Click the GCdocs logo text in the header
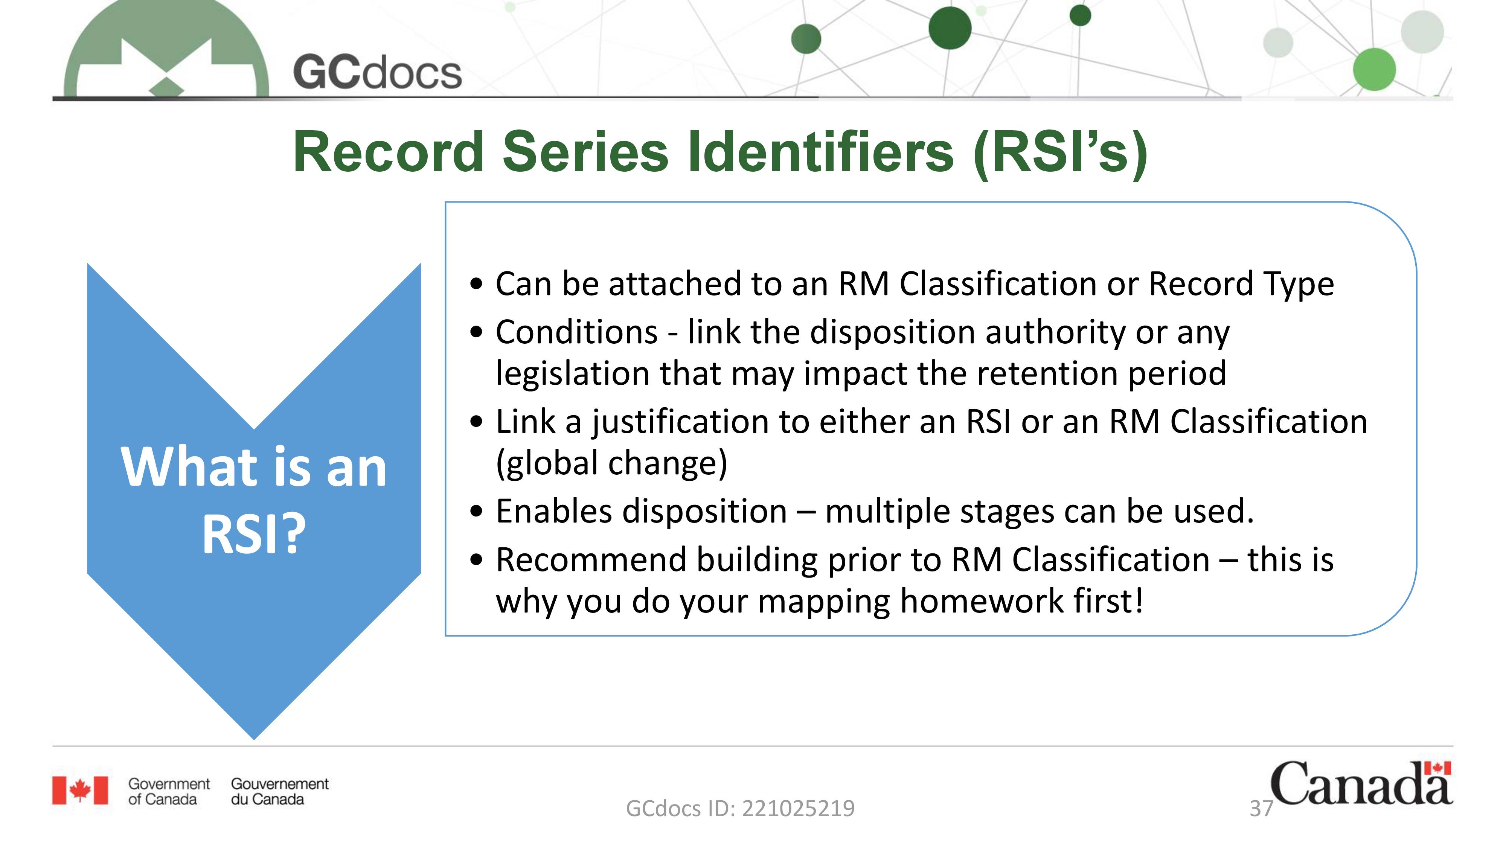(377, 73)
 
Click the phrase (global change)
(611, 463)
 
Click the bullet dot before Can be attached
(477, 285)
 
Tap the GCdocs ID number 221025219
(798, 809)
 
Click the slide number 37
(1261, 809)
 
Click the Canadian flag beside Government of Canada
(80, 791)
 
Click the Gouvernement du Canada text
(279, 791)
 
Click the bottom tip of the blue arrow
(254, 739)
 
